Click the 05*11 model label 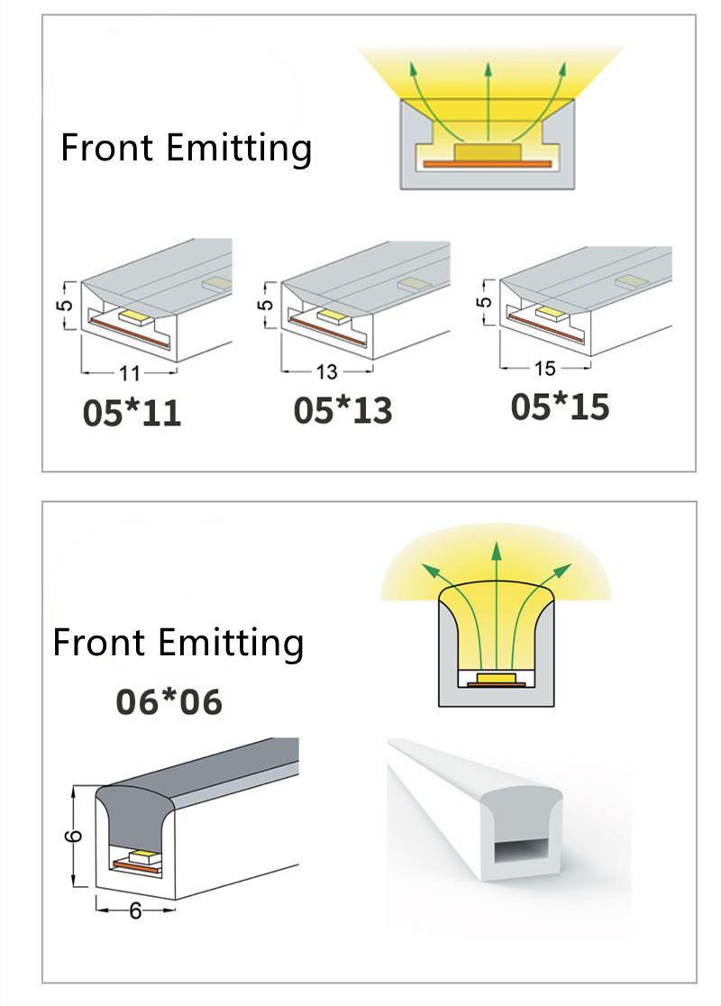(132, 413)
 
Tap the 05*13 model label (342, 411)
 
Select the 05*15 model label (560, 407)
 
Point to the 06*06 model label (169, 702)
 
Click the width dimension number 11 (129, 373)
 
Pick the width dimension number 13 (326, 371)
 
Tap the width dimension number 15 (544, 369)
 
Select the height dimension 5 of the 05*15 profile (486, 301)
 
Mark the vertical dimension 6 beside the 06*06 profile (75, 836)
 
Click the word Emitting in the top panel (239, 149)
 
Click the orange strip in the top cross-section (487, 164)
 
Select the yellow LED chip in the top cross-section (488, 151)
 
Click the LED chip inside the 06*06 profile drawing (144, 856)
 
